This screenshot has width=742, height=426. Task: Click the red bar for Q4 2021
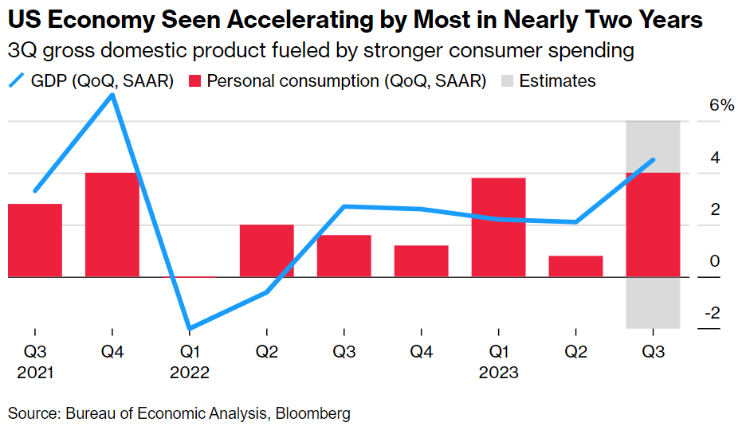[112, 225]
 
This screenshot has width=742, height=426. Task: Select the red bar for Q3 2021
[34, 240]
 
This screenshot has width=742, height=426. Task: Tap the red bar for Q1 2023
[498, 227]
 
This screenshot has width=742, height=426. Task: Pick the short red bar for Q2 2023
[575, 266]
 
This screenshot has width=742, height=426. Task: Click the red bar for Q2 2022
[266, 251]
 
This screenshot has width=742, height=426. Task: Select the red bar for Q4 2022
[421, 261]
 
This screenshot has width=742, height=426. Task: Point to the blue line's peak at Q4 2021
[112, 96]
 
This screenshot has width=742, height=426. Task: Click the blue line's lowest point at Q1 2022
[189, 328]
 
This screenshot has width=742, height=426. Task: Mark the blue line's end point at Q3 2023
[654, 160]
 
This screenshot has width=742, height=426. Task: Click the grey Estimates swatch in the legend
[507, 81]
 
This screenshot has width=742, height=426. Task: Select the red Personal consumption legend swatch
[195, 81]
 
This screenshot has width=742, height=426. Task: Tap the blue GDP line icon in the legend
[18, 81]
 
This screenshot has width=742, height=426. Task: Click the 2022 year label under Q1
[189, 373]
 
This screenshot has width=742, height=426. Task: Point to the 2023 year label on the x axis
[498, 373]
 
